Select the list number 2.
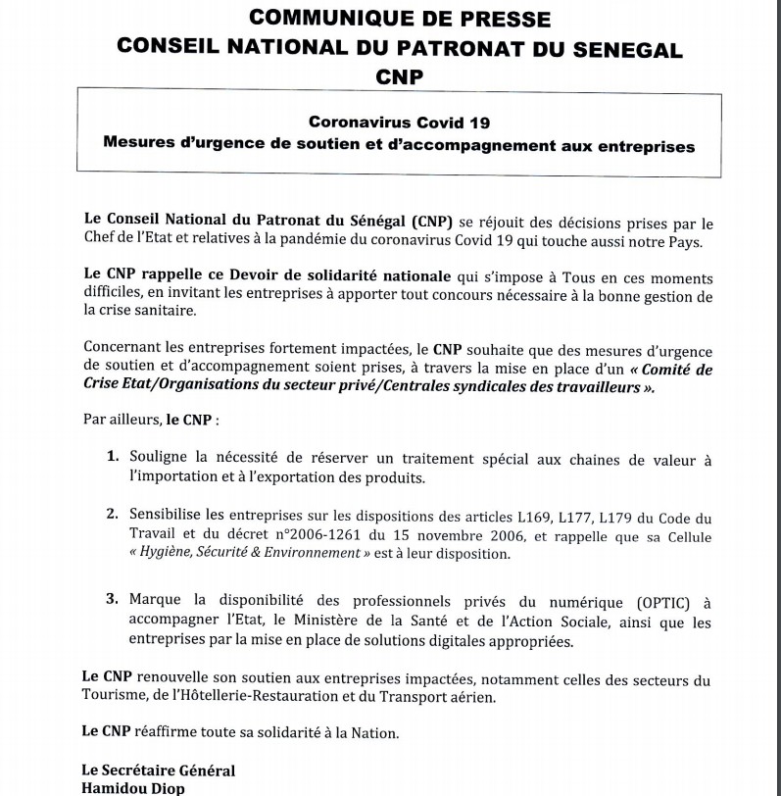coord(113,513)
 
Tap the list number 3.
coord(113,598)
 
